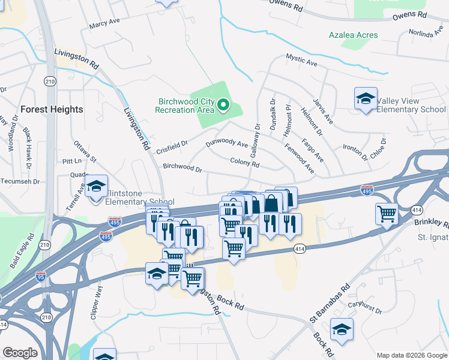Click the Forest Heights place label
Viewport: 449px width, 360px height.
pyautogui.click(x=52, y=109)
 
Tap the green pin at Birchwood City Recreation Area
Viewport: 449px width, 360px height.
pyautogui.click(x=223, y=106)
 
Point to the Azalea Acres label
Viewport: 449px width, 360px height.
pyautogui.click(x=354, y=35)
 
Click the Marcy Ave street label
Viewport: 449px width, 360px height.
pyautogui.click(x=104, y=25)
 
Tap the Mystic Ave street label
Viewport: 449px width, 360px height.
pyautogui.click(x=301, y=61)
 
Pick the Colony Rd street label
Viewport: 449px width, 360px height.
pyautogui.click(x=244, y=163)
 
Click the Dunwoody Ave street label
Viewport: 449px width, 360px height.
pyautogui.click(x=227, y=144)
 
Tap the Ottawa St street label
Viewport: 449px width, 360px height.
pyautogui.click(x=85, y=151)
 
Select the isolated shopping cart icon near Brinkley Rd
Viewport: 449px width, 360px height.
pyautogui.click(x=387, y=214)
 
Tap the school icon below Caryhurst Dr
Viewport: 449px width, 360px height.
pyautogui.click(x=342, y=329)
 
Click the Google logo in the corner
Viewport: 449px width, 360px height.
pyautogui.click(x=20, y=353)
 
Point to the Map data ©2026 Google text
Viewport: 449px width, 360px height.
pyautogui.click(x=411, y=355)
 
